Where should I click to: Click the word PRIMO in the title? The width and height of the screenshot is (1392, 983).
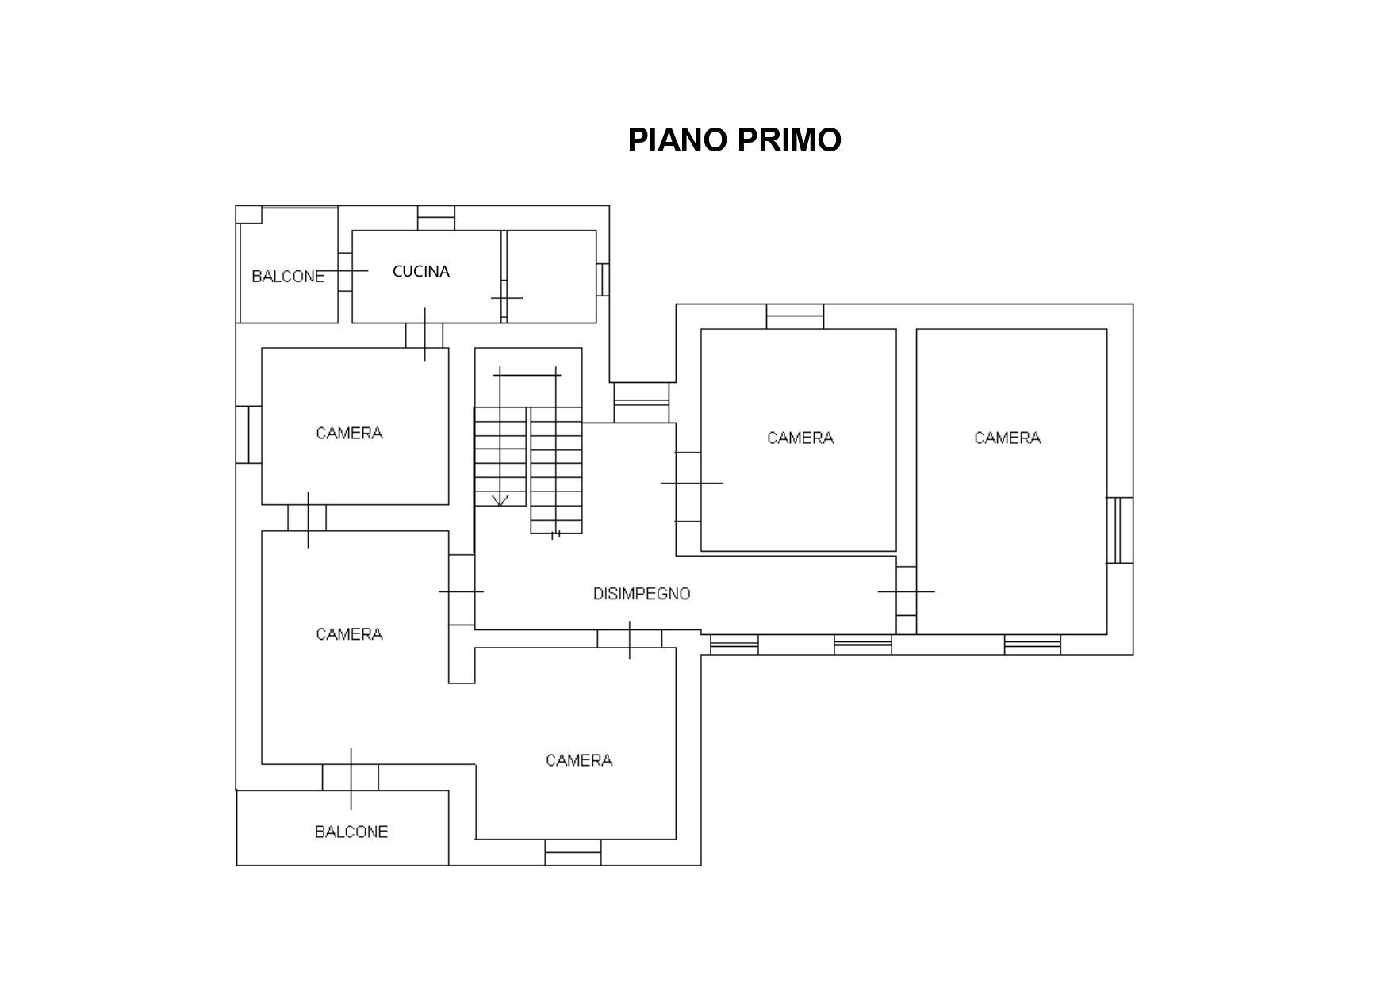pos(789,140)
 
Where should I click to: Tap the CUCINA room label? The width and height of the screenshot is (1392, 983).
pos(421,271)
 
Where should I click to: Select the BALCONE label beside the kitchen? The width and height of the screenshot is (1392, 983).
pos(288,277)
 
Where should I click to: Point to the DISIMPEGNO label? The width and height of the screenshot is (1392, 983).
pos(642,594)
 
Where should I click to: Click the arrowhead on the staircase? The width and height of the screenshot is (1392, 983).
pos(500,499)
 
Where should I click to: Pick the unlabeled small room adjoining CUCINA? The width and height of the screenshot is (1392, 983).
pos(551,277)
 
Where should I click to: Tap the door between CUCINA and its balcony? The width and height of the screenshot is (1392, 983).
pos(345,271)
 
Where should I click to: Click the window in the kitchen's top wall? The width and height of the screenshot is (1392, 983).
pos(436,218)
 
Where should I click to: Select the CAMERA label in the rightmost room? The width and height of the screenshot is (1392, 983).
pos(1007,438)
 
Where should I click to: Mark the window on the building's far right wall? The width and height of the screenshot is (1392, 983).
pos(1119,530)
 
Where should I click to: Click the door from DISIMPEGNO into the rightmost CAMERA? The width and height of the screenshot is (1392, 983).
pos(907,591)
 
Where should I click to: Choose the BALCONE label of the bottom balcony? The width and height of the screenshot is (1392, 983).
pos(351,832)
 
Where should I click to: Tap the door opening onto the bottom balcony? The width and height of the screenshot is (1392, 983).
pos(351,777)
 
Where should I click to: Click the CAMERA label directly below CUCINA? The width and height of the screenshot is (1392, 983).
pos(349,433)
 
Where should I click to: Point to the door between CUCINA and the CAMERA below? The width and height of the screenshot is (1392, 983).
pos(425,335)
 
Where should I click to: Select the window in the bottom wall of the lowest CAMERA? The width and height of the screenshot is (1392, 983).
pos(573,852)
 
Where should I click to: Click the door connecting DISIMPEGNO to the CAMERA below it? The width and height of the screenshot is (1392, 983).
pos(630,639)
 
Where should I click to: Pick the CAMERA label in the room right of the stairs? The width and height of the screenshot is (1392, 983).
pos(800,438)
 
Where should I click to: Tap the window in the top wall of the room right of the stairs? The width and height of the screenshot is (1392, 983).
pos(795,316)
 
